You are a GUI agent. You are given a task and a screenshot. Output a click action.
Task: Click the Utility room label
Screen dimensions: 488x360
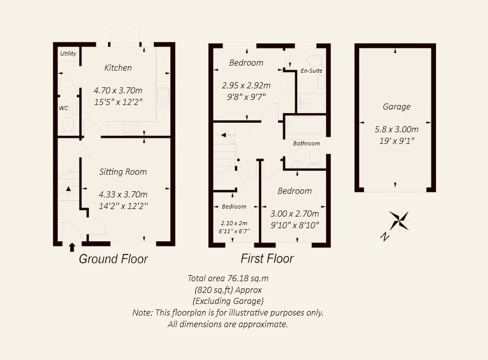click(x=68, y=53)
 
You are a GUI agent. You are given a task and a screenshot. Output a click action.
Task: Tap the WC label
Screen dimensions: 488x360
click(x=64, y=108)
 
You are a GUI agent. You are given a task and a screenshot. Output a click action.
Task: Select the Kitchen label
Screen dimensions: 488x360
click(x=118, y=68)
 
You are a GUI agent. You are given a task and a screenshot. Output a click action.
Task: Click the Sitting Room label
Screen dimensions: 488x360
click(x=123, y=172)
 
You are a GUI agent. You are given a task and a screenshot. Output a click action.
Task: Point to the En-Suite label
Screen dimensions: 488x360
click(x=311, y=71)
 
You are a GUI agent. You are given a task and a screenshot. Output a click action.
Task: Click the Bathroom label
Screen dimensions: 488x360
click(x=306, y=143)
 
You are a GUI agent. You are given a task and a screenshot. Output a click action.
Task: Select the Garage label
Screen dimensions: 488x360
click(x=397, y=107)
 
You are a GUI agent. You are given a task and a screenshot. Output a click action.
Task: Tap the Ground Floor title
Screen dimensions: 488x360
click(x=113, y=259)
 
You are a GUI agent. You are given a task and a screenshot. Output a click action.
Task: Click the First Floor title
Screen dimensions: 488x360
click(x=267, y=259)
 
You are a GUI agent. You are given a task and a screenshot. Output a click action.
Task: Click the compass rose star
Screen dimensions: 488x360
click(x=399, y=220)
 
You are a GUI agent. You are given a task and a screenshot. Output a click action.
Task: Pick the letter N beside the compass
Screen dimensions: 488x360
click(x=385, y=237)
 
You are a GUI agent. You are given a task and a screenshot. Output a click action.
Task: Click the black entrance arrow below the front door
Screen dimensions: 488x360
click(x=72, y=247)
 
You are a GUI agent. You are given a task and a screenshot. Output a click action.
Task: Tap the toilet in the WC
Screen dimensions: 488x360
click(x=68, y=125)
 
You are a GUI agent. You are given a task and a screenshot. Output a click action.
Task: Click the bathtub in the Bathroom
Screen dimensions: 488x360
click(x=305, y=125)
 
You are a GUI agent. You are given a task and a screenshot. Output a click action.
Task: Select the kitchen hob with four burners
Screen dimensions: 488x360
click(x=131, y=128)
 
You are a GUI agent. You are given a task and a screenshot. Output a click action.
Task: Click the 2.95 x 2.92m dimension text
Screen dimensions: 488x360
click(x=246, y=85)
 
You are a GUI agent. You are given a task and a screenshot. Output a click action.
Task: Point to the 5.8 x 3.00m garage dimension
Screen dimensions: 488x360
click(x=397, y=129)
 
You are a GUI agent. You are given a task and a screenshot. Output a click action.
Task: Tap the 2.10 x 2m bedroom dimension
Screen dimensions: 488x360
click(x=234, y=223)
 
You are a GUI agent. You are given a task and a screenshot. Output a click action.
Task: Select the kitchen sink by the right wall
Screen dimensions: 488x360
click(x=164, y=96)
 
